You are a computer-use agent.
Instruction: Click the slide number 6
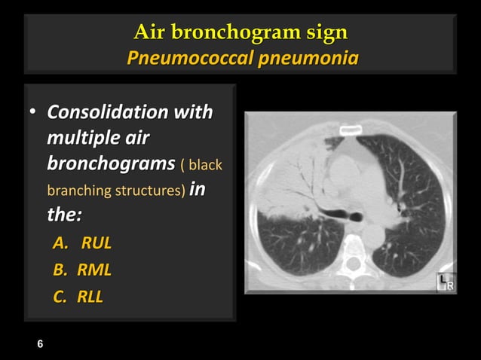coord(41,344)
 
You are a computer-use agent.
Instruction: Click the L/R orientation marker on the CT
coord(445,283)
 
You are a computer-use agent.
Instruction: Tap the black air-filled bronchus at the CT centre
coord(348,216)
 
